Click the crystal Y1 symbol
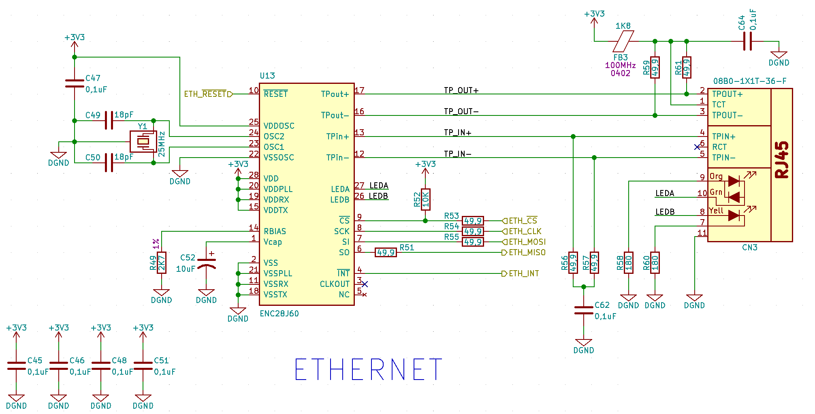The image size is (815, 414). (x=143, y=141)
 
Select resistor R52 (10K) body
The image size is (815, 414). (x=425, y=199)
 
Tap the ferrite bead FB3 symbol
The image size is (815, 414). (x=624, y=41)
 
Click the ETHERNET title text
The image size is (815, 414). (x=368, y=369)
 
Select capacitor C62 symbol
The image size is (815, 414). (x=584, y=310)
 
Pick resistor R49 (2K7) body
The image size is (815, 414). (x=162, y=262)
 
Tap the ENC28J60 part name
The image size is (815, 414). (x=279, y=314)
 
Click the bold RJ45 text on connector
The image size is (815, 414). (x=782, y=160)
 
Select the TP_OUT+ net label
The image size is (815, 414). (x=461, y=90)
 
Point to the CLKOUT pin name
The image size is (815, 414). (x=335, y=284)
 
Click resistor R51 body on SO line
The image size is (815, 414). (x=386, y=252)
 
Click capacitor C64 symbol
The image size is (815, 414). (x=748, y=41)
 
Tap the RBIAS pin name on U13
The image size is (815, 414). (x=275, y=231)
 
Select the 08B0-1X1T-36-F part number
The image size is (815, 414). (x=750, y=81)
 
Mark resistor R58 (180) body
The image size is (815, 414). (x=629, y=262)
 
